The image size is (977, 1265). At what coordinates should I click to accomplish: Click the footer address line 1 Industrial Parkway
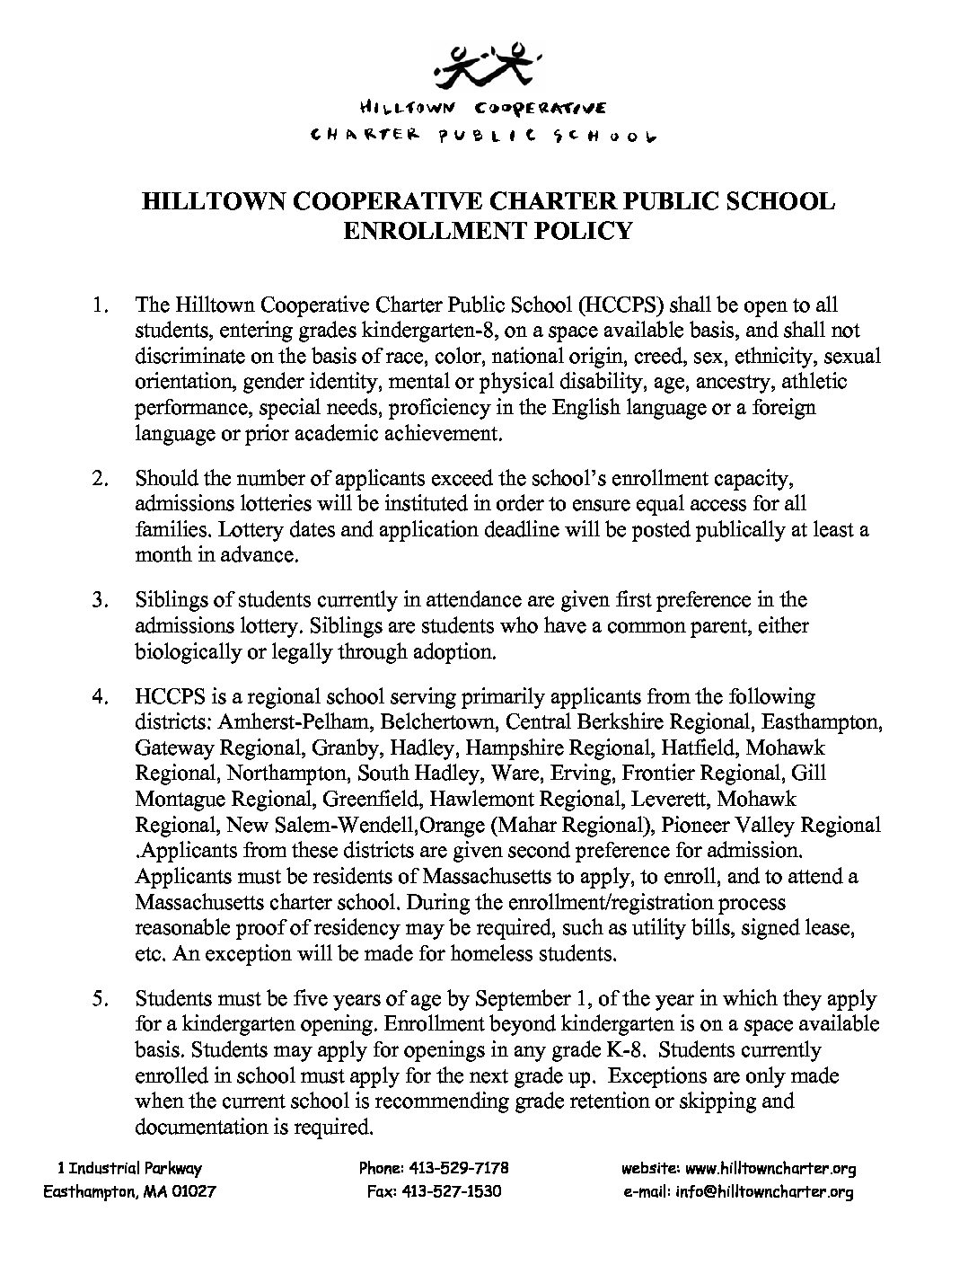(129, 1169)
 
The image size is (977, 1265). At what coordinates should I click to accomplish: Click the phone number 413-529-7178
(459, 1169)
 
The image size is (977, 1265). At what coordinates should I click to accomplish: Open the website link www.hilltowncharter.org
(770, 1169)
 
